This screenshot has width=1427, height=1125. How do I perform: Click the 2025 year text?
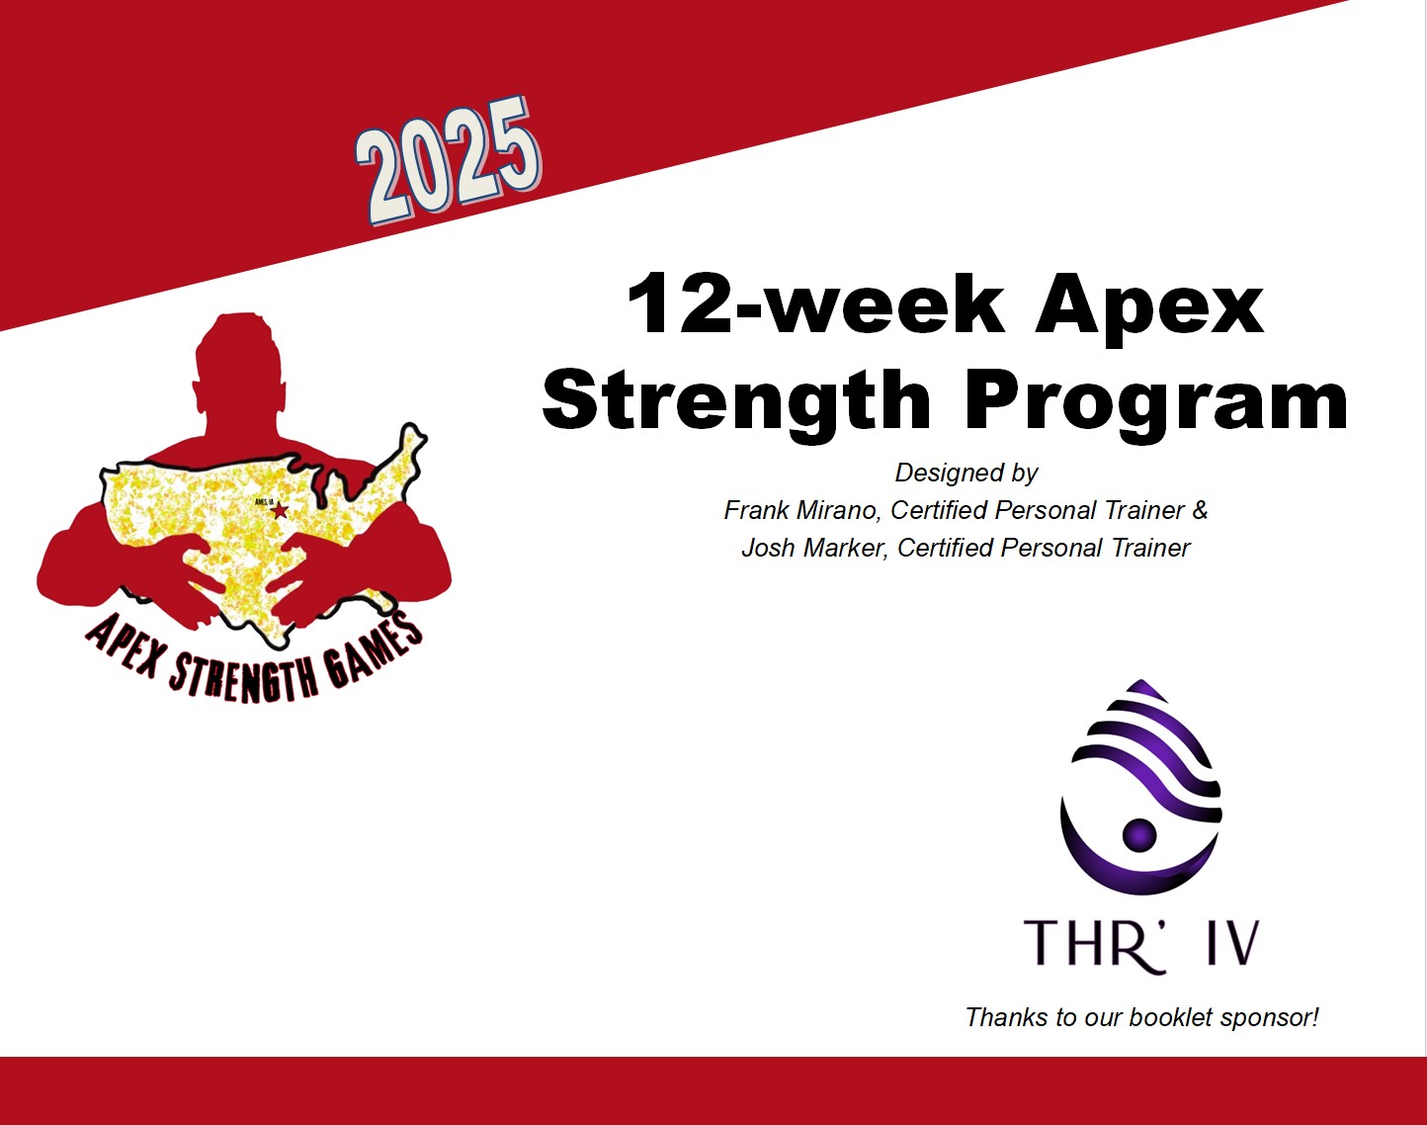tap(449, 161)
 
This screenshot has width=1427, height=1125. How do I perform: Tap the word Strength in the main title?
tap(736, 401)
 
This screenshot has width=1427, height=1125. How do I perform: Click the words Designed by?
tap(966, 473)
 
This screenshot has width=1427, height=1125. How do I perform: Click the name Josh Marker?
tap(813, 548)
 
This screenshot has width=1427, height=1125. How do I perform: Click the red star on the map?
tap(280, 510)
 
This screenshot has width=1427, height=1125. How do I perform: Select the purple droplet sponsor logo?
tap(1140, 787)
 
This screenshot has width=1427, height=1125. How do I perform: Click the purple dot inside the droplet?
tap(1139, 833)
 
